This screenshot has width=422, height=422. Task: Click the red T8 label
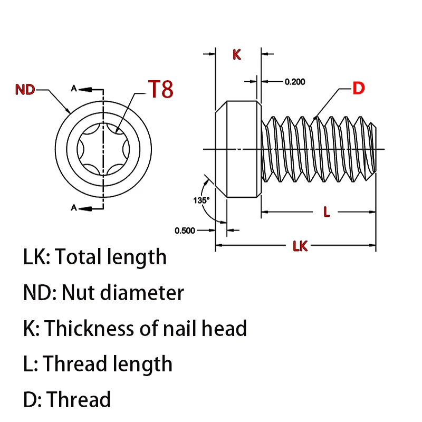coord(160,89)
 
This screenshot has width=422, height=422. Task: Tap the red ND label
coord(25,90)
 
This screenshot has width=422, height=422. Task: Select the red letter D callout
coord(358,89)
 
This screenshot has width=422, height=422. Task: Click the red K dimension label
coord(237,54)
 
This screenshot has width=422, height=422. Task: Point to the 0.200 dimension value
coord(295,82)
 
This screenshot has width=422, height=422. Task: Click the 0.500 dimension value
coord(185,230)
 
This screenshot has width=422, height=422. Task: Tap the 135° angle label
coord(201,200)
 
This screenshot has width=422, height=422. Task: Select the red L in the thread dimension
coord(327,213)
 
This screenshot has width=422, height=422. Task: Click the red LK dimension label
coord(300,246)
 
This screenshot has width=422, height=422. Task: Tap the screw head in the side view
coord(238,149)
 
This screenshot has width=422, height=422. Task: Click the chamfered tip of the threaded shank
coord(374,149)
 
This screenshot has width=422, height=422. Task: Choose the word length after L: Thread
coord(144,364)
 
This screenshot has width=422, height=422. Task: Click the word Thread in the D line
coord(79,399)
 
